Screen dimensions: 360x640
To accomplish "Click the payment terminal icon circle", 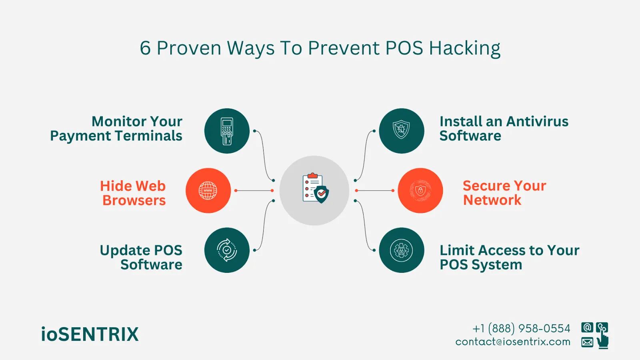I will tap(227, 131).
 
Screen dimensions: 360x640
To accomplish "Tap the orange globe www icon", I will tap(208, 190).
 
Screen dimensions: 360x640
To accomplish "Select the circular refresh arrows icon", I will tap(227, 250).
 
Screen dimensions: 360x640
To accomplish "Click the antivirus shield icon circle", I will tap(401, 131).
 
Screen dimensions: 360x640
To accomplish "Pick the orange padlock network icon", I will tap(420, 190).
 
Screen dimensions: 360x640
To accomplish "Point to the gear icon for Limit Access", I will tap(401, 250).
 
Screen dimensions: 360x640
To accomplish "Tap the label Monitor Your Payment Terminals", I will tap(116, 128).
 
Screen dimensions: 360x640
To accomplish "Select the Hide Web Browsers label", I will tap(133, 193).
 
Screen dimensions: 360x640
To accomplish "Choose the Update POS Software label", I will tap(141, 257).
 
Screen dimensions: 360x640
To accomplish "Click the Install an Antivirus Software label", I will tap(504, 128).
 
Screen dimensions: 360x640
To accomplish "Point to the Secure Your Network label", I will tap(504, 192).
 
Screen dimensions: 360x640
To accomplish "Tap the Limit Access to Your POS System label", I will tap(509, 257).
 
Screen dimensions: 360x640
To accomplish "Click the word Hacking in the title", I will tap(464, 48).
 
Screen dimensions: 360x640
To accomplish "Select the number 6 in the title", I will tap(145, 48).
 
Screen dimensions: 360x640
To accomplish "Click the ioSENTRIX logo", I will tap(90, 334).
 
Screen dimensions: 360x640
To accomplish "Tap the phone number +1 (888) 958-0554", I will tap(521, 328).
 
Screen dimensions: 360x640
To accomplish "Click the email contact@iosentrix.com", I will tap(513, 342).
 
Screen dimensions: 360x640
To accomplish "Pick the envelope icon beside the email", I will tap(587, 342).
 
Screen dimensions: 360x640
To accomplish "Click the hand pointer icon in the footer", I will tap(602, 341).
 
